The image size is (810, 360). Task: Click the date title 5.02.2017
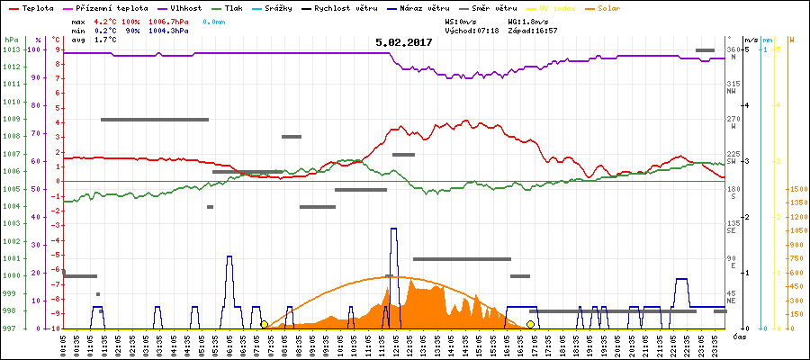(403, 41)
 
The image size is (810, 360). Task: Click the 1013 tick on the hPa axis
(11, 49)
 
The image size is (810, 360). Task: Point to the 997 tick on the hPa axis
(11, 328)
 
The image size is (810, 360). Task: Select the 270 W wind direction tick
(732, 119)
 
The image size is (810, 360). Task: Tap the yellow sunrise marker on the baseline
(264, 324)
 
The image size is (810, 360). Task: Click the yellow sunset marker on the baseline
(531, 324)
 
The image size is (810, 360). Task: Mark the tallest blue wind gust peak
(393, 230)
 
